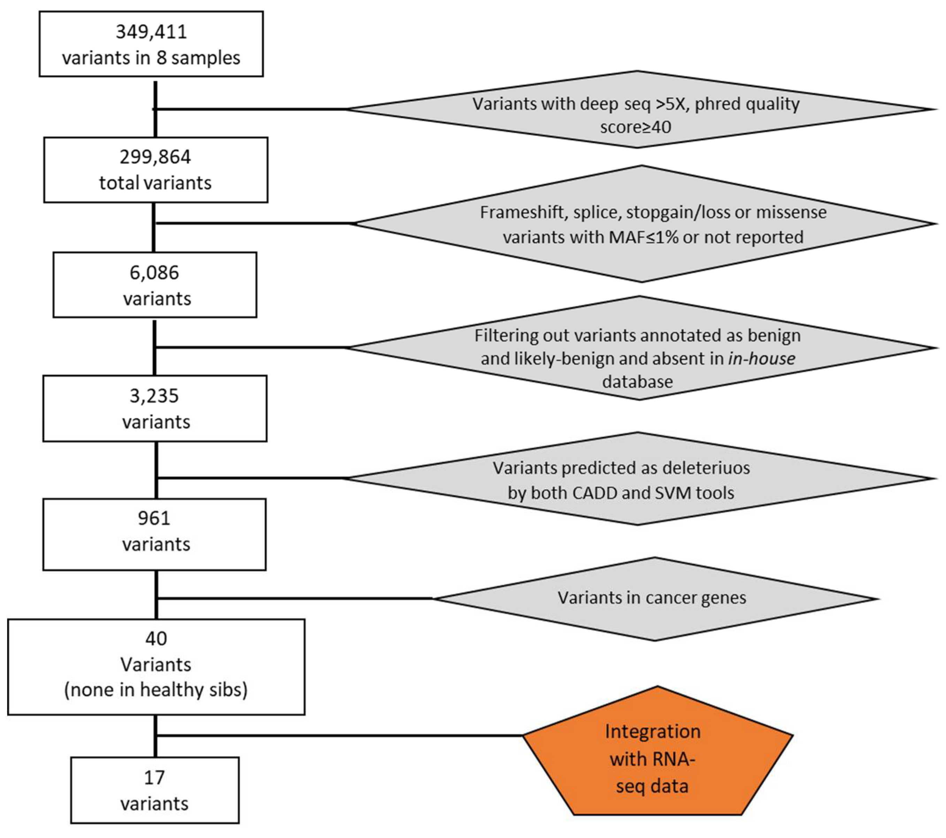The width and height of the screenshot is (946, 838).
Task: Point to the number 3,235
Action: pos(154,396)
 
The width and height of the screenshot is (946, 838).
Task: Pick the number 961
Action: pos(154,518)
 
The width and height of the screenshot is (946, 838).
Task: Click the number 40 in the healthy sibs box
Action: pos(156,639)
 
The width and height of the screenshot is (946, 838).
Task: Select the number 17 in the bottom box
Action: pos(154,777)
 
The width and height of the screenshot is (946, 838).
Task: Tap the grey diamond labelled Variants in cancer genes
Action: pos(655,598)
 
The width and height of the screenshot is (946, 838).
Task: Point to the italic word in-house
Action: pos(762,359)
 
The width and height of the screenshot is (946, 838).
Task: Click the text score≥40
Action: pos(636,127)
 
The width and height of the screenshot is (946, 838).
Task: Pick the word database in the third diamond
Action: pos(637,382)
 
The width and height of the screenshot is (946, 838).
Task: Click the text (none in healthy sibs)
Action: pos(156,690)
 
